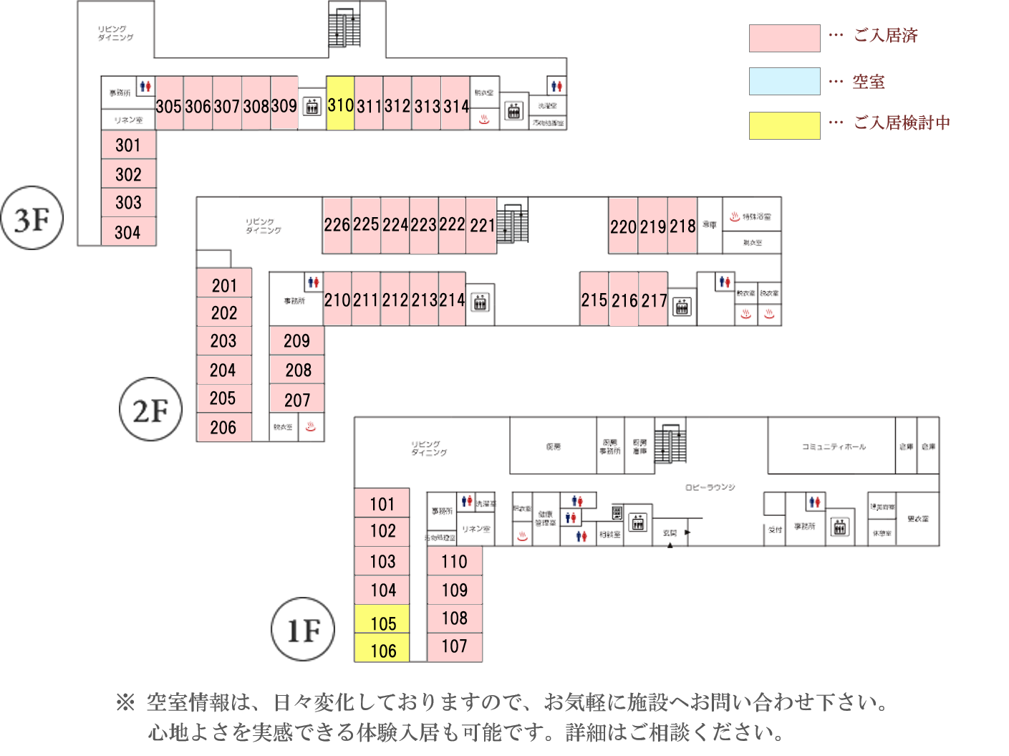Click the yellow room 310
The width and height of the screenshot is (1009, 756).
[x=340, y=104]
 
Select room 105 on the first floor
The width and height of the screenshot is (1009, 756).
[x=382, y=621]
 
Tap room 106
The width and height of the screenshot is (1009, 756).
[x=382, y=649]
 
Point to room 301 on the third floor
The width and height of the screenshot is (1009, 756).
[x=128, y=145]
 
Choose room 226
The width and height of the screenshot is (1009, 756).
[x=337, y=225]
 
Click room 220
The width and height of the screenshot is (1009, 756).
[x=623, y=226]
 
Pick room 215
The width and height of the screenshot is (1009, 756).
[x=594, y=300]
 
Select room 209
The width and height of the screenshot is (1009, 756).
[x=296, y=341]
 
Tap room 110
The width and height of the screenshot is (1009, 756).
[x=454, y=562]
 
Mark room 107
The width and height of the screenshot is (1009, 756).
[x=454, y=646]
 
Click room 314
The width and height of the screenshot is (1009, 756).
[x=455, y=105]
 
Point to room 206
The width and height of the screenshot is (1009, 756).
[x=223, y=428]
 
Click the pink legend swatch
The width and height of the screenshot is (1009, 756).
[x=784, y=38]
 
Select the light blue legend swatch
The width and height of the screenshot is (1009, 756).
[x=784, y=82]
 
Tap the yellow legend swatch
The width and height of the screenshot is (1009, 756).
[x=784, y=125]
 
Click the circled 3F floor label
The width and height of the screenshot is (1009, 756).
[x=32, y=219]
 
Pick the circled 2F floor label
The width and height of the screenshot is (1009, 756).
[x=150, y=410]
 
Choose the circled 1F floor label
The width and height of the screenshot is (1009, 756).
[x=303, y=630]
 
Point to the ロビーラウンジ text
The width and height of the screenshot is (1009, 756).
[x=710, y=487]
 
